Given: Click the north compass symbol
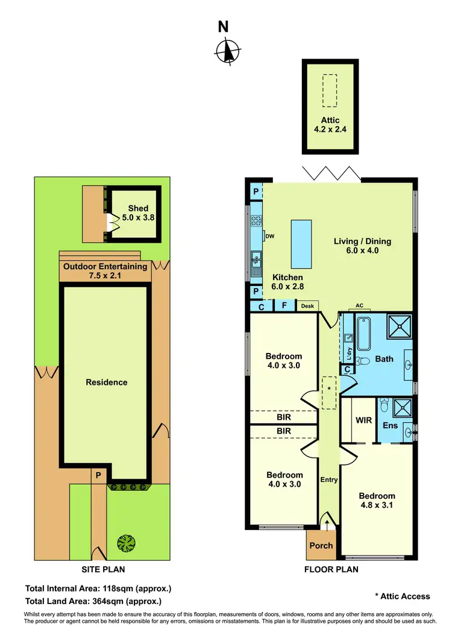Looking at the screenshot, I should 226,51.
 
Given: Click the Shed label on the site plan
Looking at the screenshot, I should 138,213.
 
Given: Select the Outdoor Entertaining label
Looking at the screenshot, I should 105,271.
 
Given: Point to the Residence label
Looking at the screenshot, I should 107,382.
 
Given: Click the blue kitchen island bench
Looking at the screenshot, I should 301,244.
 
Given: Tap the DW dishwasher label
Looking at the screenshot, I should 269,236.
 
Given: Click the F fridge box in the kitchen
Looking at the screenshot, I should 284,306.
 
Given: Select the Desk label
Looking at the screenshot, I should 307,306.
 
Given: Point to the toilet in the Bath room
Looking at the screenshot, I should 362,362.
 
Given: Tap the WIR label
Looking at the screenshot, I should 363,419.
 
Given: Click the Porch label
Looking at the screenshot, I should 321,546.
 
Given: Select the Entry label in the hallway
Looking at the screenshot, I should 329,480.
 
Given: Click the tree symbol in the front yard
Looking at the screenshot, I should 127,544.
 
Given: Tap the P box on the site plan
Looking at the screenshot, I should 98,475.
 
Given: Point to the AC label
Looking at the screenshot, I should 360,305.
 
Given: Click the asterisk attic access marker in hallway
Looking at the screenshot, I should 329,390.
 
